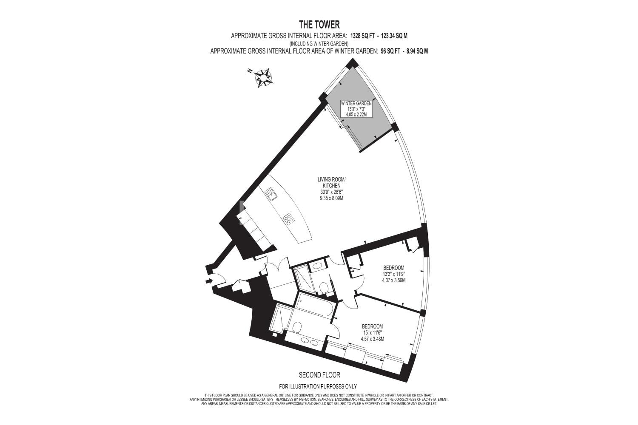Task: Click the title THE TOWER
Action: [x=319, y=25]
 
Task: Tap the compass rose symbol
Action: [x=263, y=77]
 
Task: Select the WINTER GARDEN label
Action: [x=356, y=104]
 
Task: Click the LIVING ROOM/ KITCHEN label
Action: [x=331, y=182]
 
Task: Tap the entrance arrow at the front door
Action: [x=209, y=281]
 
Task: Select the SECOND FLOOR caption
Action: [x=319, y=375]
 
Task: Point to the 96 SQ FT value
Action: [x=390, y=51]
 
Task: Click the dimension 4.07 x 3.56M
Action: [x=393, y=280]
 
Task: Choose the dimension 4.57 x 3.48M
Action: [x=372, y=339]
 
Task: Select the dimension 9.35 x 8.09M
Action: [x=331, y=198]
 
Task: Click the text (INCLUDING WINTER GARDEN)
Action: [x=319, y=44]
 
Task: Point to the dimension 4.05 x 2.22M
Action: [x=356, y=114]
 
